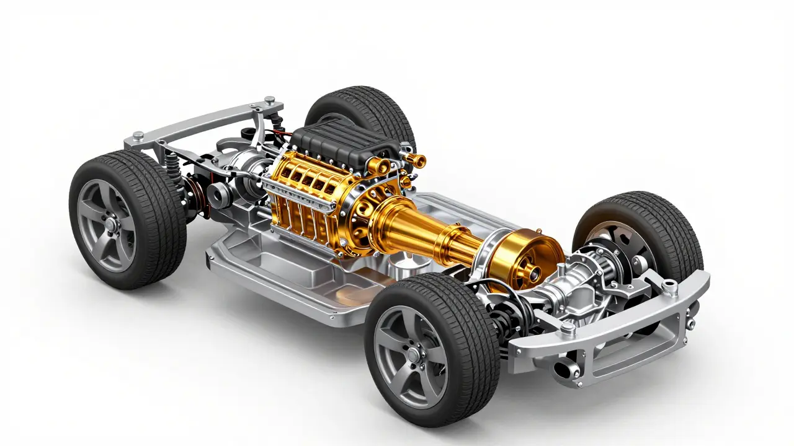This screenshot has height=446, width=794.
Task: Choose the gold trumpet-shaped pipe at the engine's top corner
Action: coord(417,162)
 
